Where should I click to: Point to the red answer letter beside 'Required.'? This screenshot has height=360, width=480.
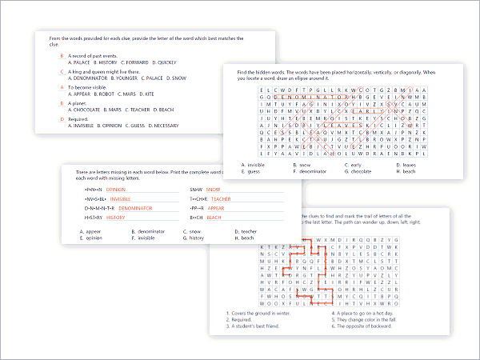tap(62, 119)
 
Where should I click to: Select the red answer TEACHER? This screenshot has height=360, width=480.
tap(221, 199)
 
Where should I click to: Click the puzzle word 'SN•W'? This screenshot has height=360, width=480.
tap(196, 190)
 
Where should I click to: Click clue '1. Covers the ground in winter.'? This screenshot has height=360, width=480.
tap(259, 313)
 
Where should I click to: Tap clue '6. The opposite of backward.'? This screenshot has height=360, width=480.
tap(364, 326)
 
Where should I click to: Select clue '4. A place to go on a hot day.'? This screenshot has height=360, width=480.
tap(365, 313)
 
